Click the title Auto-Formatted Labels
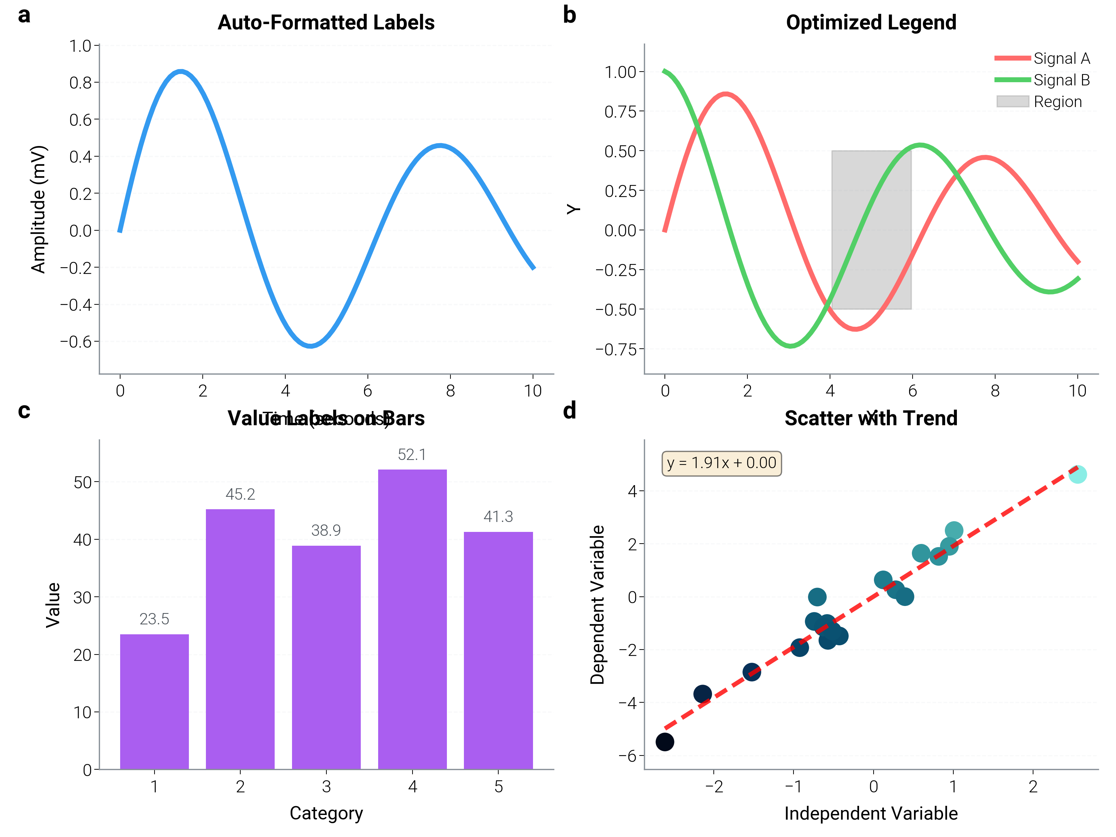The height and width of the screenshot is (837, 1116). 326,23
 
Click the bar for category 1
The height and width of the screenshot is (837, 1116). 155,701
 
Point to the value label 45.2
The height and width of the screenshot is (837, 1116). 240,494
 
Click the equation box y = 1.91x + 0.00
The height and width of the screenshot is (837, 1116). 722,463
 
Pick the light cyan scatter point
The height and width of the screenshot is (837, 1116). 1077,474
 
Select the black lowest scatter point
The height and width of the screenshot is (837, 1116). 664,742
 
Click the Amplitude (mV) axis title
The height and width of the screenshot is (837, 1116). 38,209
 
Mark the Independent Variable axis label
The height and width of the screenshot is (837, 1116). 871,813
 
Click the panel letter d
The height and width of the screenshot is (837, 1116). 570,411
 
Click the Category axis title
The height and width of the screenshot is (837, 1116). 326,813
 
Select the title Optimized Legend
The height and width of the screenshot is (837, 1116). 871,23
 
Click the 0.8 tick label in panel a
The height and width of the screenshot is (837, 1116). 81,82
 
